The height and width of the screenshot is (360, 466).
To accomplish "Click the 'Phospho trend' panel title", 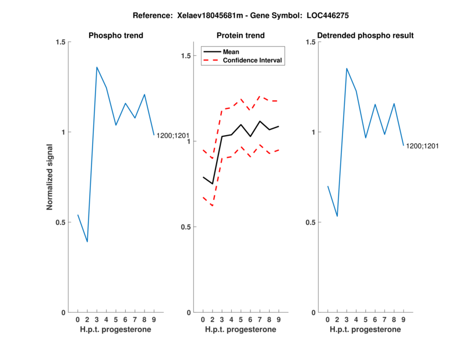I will [x=116, y=36].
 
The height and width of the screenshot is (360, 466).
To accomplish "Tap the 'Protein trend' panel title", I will [x=241, y=36].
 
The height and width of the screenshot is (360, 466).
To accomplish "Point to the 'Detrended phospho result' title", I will [x=365, y=36].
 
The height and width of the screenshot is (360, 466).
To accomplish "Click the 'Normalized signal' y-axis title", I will [x=50, y=177].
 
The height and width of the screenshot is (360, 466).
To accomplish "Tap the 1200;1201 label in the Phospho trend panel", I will [x=173, y=136].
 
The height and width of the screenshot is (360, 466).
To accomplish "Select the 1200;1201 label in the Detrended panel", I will [x=422, y=146].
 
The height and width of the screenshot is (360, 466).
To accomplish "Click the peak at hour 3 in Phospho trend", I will [x=97, y=67].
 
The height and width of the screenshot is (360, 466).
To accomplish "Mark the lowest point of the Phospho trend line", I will [x=87, y=242].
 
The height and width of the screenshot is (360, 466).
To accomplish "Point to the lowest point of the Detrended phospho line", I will [x=337, y=216].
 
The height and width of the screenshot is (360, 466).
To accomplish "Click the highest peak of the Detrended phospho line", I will [x=347, y=68].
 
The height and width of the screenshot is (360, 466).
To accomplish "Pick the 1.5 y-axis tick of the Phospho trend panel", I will [x=59, y=42].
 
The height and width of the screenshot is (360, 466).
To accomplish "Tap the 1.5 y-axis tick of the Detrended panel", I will [x=309, y=42].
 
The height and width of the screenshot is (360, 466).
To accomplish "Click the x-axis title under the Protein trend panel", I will [x=241, y=330].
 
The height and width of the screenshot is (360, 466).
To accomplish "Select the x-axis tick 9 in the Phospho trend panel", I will [x=154, y=320].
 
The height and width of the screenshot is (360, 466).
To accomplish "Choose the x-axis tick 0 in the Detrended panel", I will [x=327, y=320].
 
